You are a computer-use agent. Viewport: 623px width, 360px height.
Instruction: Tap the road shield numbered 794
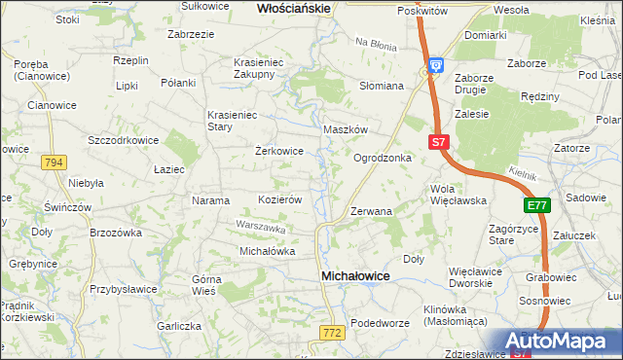[x=54, y=162]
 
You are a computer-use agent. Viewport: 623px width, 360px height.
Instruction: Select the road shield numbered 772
[x=330, y=333]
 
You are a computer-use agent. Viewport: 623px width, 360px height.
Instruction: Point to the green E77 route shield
[x=536, y=205]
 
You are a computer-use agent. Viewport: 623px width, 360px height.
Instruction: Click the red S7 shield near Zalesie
[x=438, y=142]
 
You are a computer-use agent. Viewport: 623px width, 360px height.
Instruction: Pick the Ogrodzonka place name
[x=382, y=158]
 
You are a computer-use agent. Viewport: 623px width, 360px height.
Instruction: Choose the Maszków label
[x=345, y=129]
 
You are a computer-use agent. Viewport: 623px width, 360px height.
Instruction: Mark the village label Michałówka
[x=267, y=251]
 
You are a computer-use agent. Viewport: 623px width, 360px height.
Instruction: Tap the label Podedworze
[x=377, y=323]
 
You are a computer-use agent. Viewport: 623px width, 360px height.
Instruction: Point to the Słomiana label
[x=382, y=86]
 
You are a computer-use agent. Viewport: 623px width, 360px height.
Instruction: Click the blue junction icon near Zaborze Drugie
[x=437, y=65]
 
